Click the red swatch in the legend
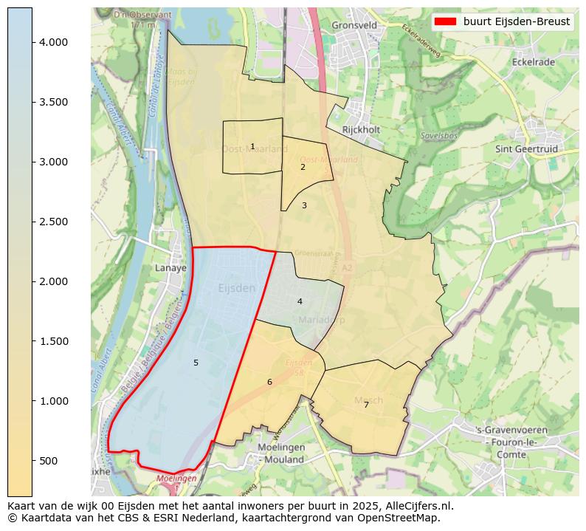(446, 21)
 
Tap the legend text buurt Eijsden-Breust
(516, 21)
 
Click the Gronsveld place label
(354, 24)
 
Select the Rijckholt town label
(361, 130)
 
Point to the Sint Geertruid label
(527, 148)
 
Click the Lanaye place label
(170, 268)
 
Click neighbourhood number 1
(252, 147)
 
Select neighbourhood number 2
(303, 167)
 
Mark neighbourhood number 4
(300, 301)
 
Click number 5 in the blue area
(196, 363)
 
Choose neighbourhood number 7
(366, 405)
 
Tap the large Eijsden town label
(237, 287)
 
